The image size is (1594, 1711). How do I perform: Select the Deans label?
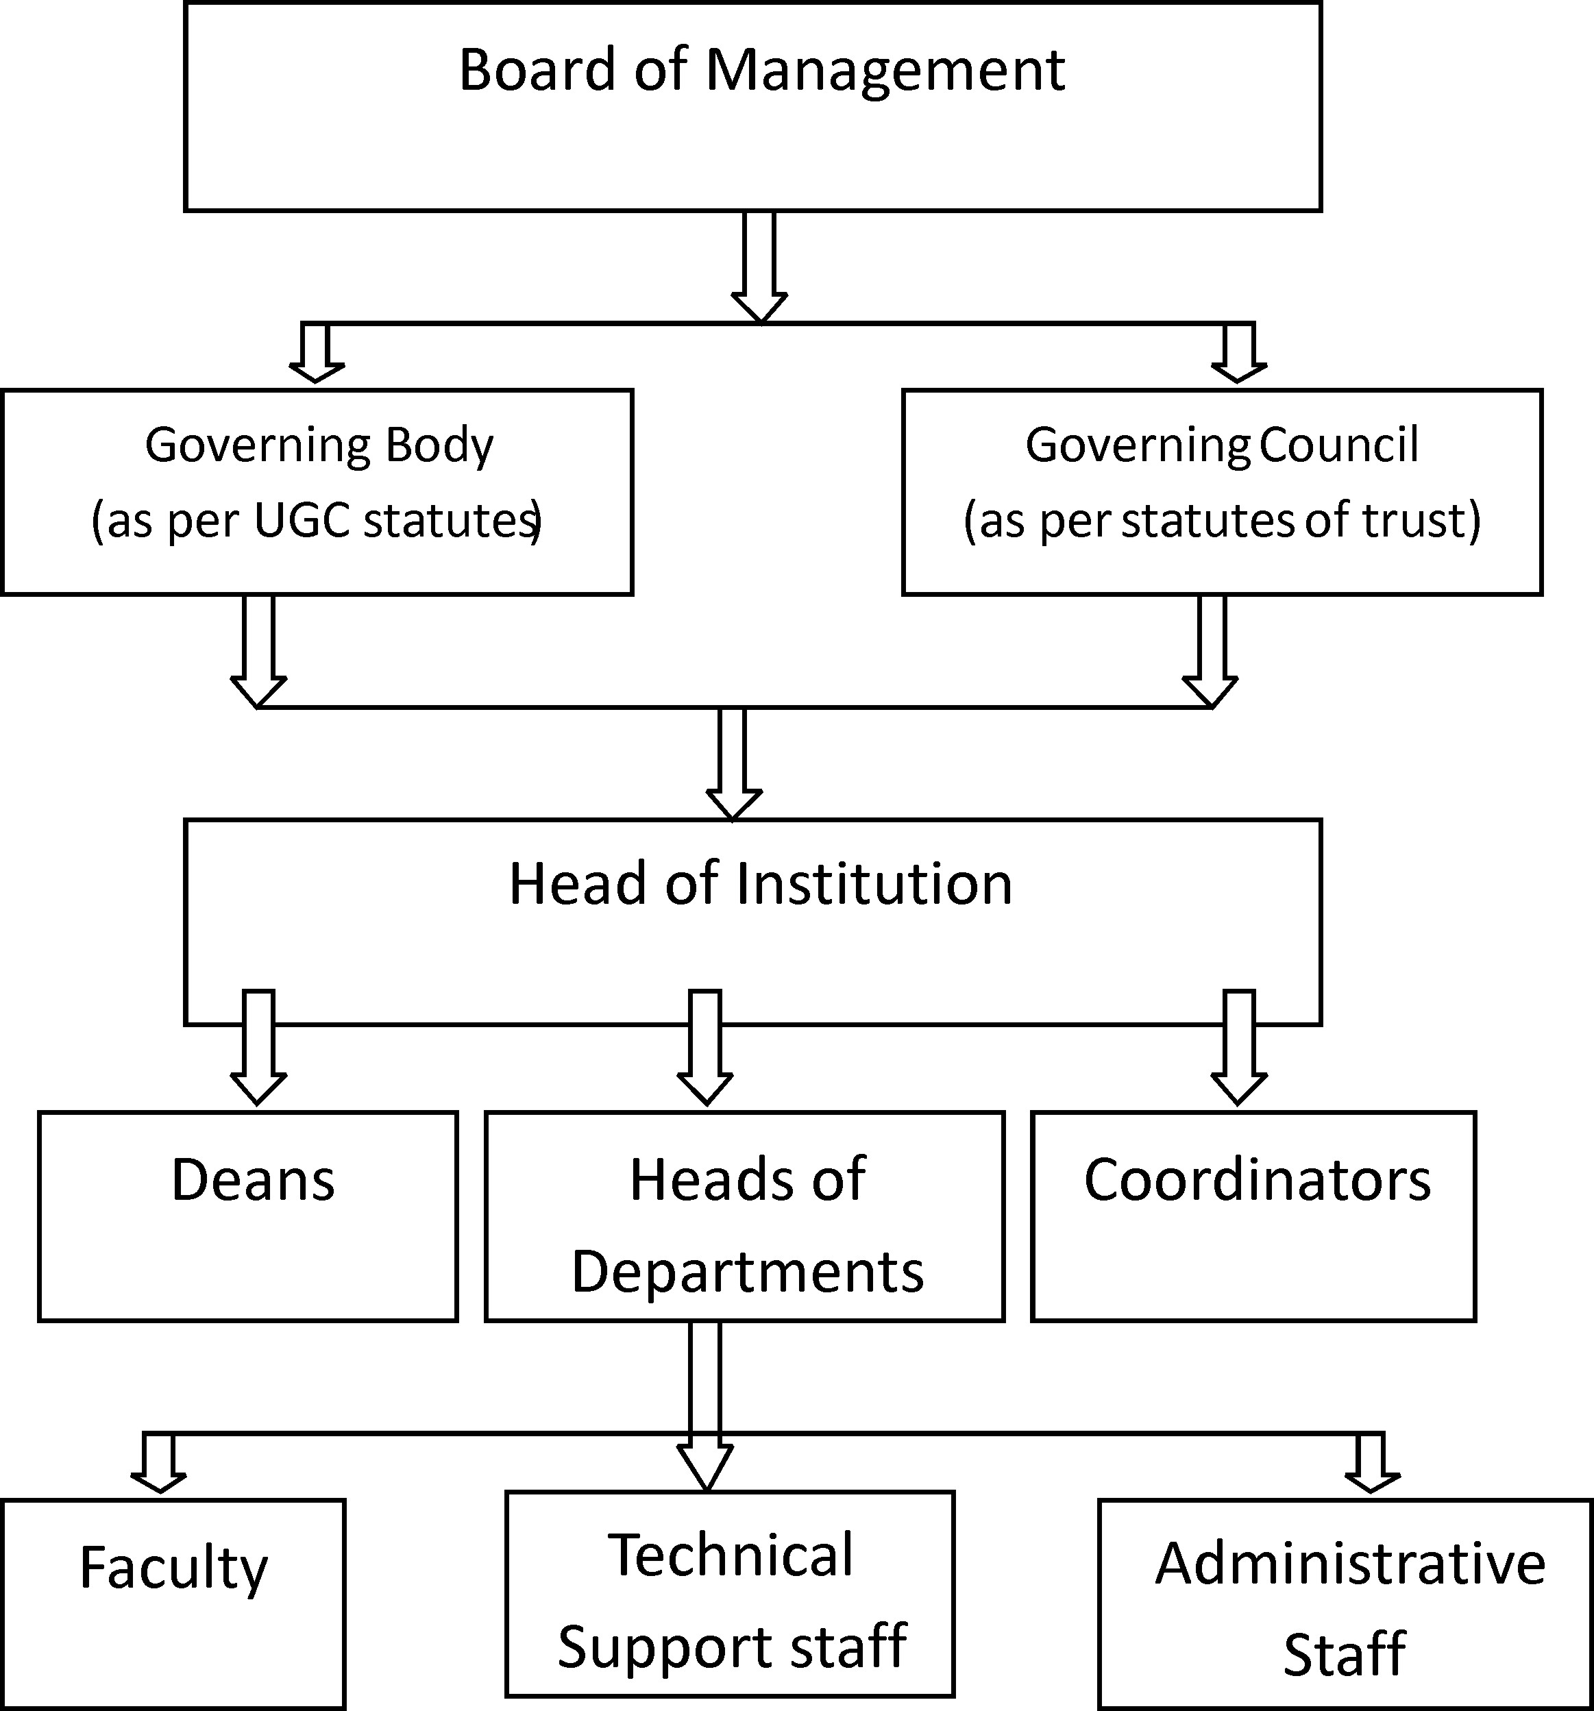tap(253, 1180)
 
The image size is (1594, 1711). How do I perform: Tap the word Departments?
tap(747, 1272)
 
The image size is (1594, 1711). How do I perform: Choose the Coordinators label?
tap(1257, 1180)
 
